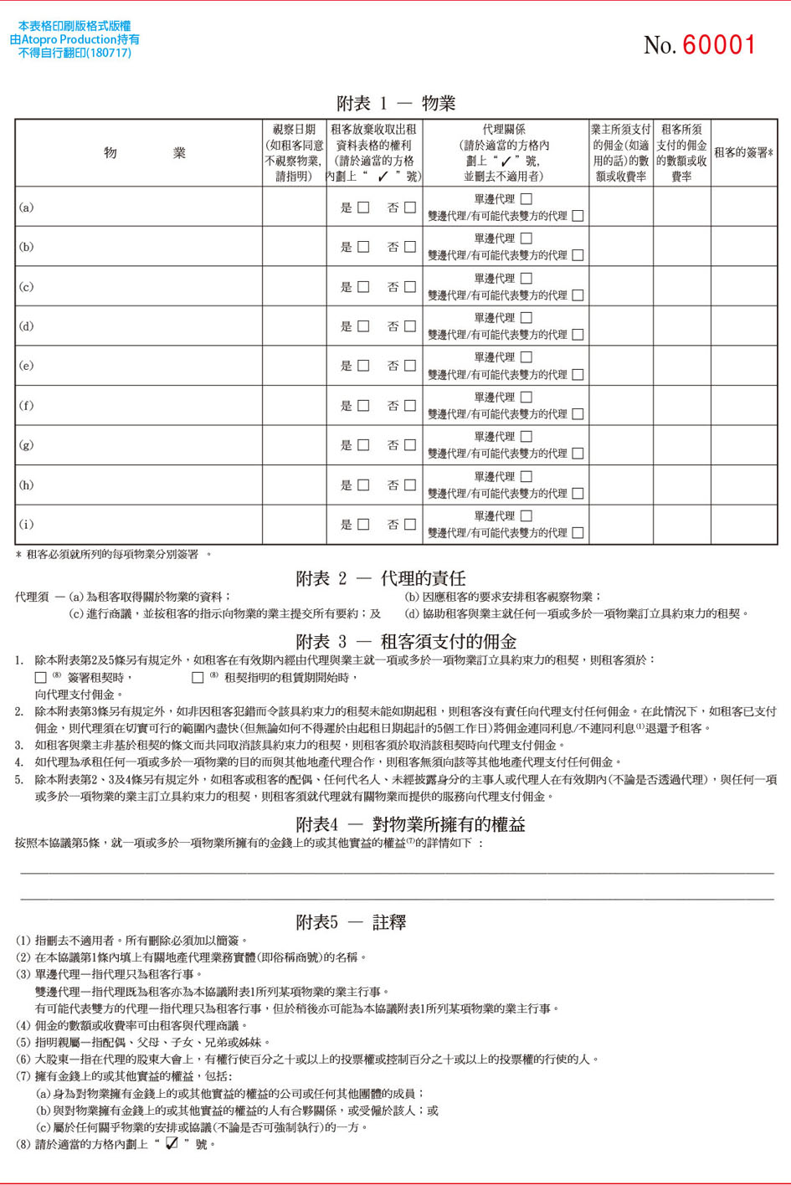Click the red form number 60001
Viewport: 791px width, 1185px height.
(x=719, y=45)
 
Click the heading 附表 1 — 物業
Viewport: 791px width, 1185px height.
(x=396, y=104)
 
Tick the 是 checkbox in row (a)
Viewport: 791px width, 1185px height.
(x=363, y=208)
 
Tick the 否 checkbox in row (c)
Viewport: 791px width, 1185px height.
(x=410, y=287)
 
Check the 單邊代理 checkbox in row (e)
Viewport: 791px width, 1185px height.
(x=526, y=357)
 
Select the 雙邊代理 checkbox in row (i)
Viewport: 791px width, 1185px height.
(x=578, y=532)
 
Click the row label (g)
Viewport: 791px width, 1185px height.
(x=27, y=445)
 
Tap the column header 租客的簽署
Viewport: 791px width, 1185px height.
(x=743, y=153)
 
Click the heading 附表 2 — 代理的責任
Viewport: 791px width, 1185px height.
(x=381, y=578)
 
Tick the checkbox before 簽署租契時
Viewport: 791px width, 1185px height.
(x=40, y=677)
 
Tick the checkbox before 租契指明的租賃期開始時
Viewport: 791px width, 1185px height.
(x=198, y=677)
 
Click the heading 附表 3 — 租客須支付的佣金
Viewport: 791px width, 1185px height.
(x=406, y=642)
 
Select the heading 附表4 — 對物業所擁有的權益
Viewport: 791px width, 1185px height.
(x=410, y=824)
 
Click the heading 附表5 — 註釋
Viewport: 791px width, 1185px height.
(x=351, y=922)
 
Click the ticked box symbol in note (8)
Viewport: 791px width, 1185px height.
(x=172, y=1144)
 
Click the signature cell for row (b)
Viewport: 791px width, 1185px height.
(x=743, y=247)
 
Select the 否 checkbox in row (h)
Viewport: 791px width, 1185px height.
(x=410, y=485)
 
